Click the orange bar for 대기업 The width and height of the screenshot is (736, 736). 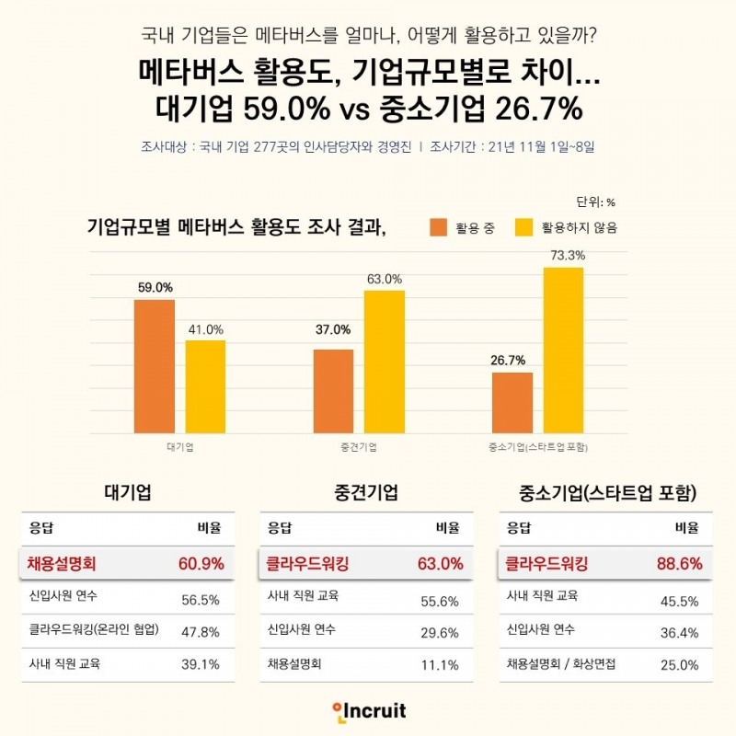click(154, 366)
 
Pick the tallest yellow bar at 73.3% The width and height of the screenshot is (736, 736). click(563, 351)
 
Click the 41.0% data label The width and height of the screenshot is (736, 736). click(206, 329)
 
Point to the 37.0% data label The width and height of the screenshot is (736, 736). click(333, 329)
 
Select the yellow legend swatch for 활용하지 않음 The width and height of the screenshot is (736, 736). click(524, 227)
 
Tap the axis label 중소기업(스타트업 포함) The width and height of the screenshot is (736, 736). click(538, 447)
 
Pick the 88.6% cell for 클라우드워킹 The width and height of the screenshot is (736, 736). click(679, 564)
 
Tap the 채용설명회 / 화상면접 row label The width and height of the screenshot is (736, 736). click(561, 664)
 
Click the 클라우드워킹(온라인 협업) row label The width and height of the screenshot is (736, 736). click(95, 630)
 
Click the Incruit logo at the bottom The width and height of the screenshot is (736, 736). click(368, 711)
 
